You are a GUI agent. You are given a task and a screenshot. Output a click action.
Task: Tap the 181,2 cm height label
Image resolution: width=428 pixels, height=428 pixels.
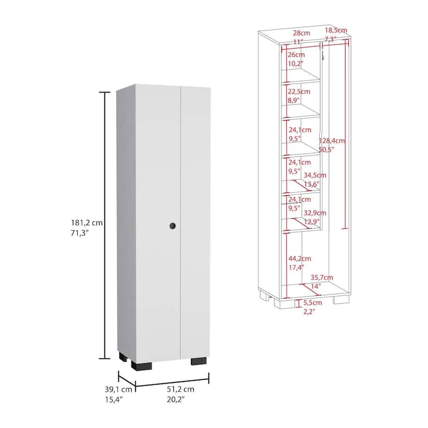click(x=85, y=223)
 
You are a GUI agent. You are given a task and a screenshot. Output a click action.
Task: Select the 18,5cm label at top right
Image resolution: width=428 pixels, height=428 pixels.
click(x=337, y=30)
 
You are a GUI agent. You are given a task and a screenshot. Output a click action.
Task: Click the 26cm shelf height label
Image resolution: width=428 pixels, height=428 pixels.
click(x=296, y=55)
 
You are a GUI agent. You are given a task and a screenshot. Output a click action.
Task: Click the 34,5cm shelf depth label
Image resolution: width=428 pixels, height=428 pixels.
click(x=315, y=175)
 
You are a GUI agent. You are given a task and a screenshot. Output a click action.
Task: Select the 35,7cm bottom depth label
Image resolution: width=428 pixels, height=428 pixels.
click(x=322, y=277)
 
